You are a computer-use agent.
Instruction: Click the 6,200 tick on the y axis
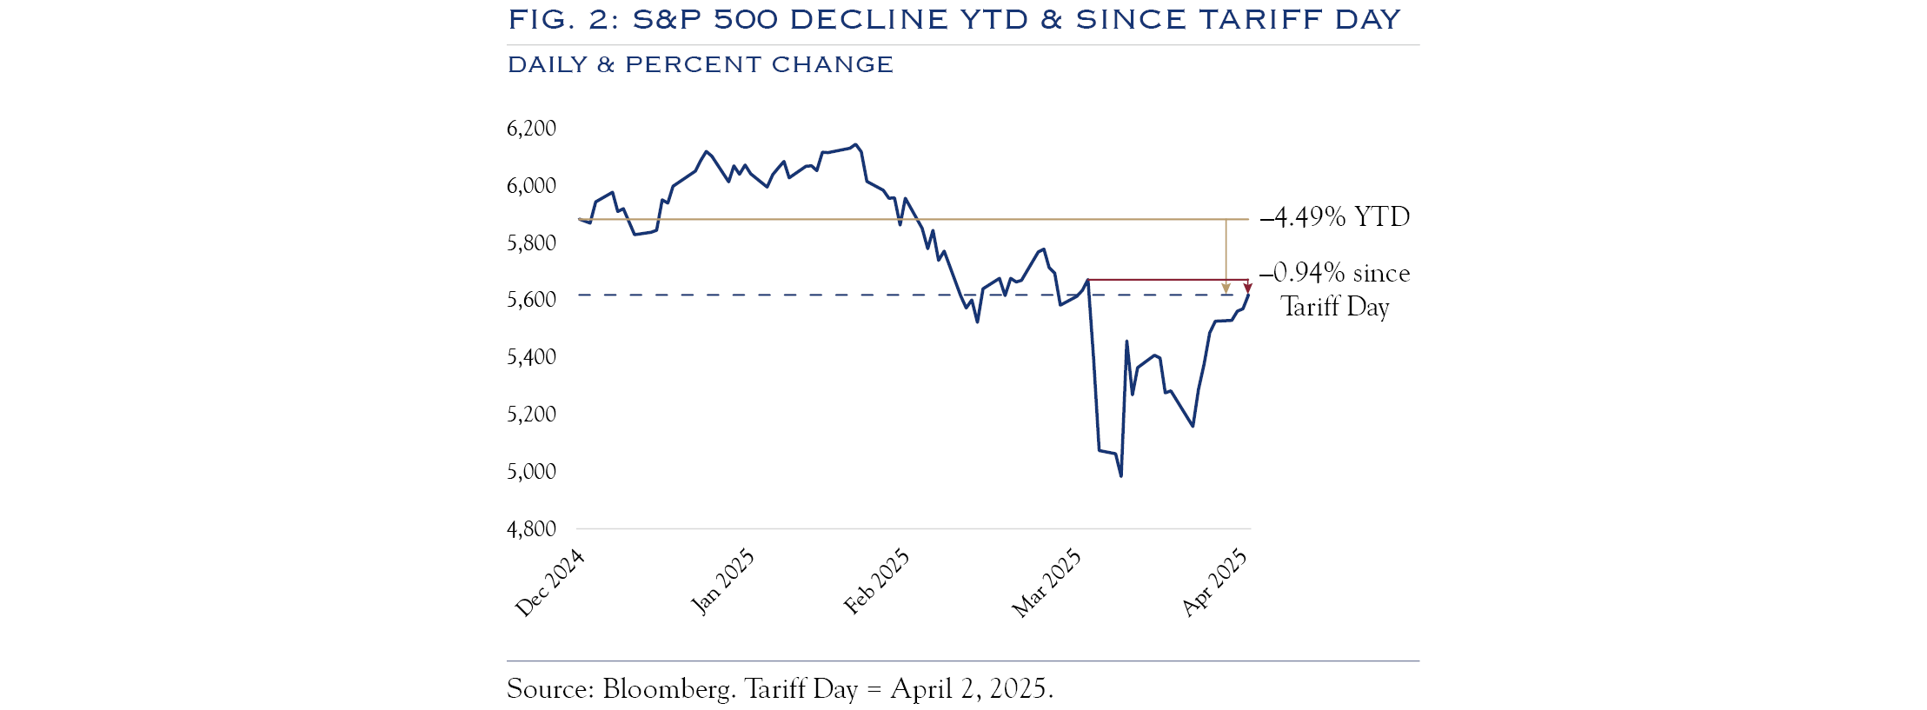531,129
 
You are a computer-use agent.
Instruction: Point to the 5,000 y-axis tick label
531,471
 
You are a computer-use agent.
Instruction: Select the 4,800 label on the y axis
531,528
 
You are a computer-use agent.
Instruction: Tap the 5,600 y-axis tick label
531,300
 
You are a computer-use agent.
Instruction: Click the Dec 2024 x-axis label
549,583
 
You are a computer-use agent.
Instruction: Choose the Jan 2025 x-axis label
722,581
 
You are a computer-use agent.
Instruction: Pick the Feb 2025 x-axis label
876,581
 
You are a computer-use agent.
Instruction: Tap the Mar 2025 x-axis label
1047,583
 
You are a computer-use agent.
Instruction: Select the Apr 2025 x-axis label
1214,583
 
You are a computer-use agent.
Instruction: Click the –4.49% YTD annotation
1335,216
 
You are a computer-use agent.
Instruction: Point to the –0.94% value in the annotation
1303,273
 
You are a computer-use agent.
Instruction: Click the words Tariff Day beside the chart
1335,307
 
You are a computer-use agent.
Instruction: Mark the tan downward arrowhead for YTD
1226,289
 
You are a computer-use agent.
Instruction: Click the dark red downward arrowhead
1247,289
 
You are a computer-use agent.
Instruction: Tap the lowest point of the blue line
1120,475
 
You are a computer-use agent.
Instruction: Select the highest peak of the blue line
855,145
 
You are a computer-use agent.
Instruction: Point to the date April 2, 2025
972,689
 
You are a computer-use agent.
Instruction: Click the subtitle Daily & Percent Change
701,65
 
